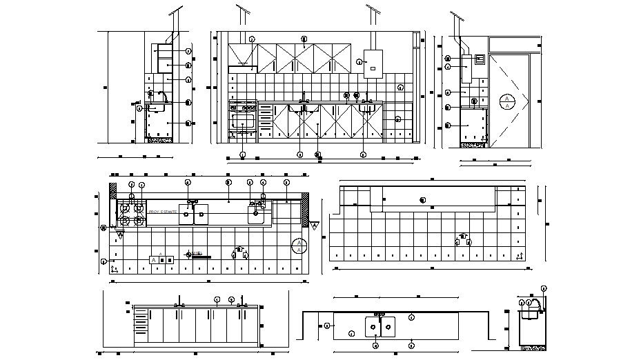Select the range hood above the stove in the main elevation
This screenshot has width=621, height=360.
click(242, 68)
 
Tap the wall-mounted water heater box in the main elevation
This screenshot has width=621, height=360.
click(373, 61)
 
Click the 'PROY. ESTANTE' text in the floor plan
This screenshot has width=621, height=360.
click(163, 212)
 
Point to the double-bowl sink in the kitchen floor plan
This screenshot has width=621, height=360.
click(193, 214)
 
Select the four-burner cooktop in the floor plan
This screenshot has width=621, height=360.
click(131, 213)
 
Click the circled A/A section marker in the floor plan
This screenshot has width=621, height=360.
click(299, 245)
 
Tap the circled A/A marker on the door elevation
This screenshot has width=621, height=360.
click(507, 101)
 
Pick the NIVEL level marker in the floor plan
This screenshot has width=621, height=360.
click(197, 254)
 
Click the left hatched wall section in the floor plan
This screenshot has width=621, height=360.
click(113, 190)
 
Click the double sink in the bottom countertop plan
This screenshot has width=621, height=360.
click(379, 325)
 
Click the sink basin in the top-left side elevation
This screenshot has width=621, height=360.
click(156, 106)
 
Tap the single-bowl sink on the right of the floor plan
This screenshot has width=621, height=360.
click(259, 214)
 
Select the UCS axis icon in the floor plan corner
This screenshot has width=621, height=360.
click(114, 269)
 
